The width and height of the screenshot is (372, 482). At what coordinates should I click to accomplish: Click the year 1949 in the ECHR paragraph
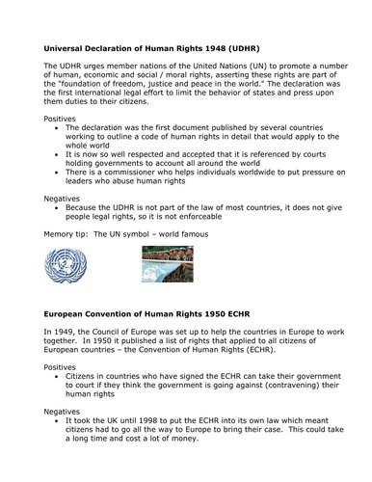coord(64,332)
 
